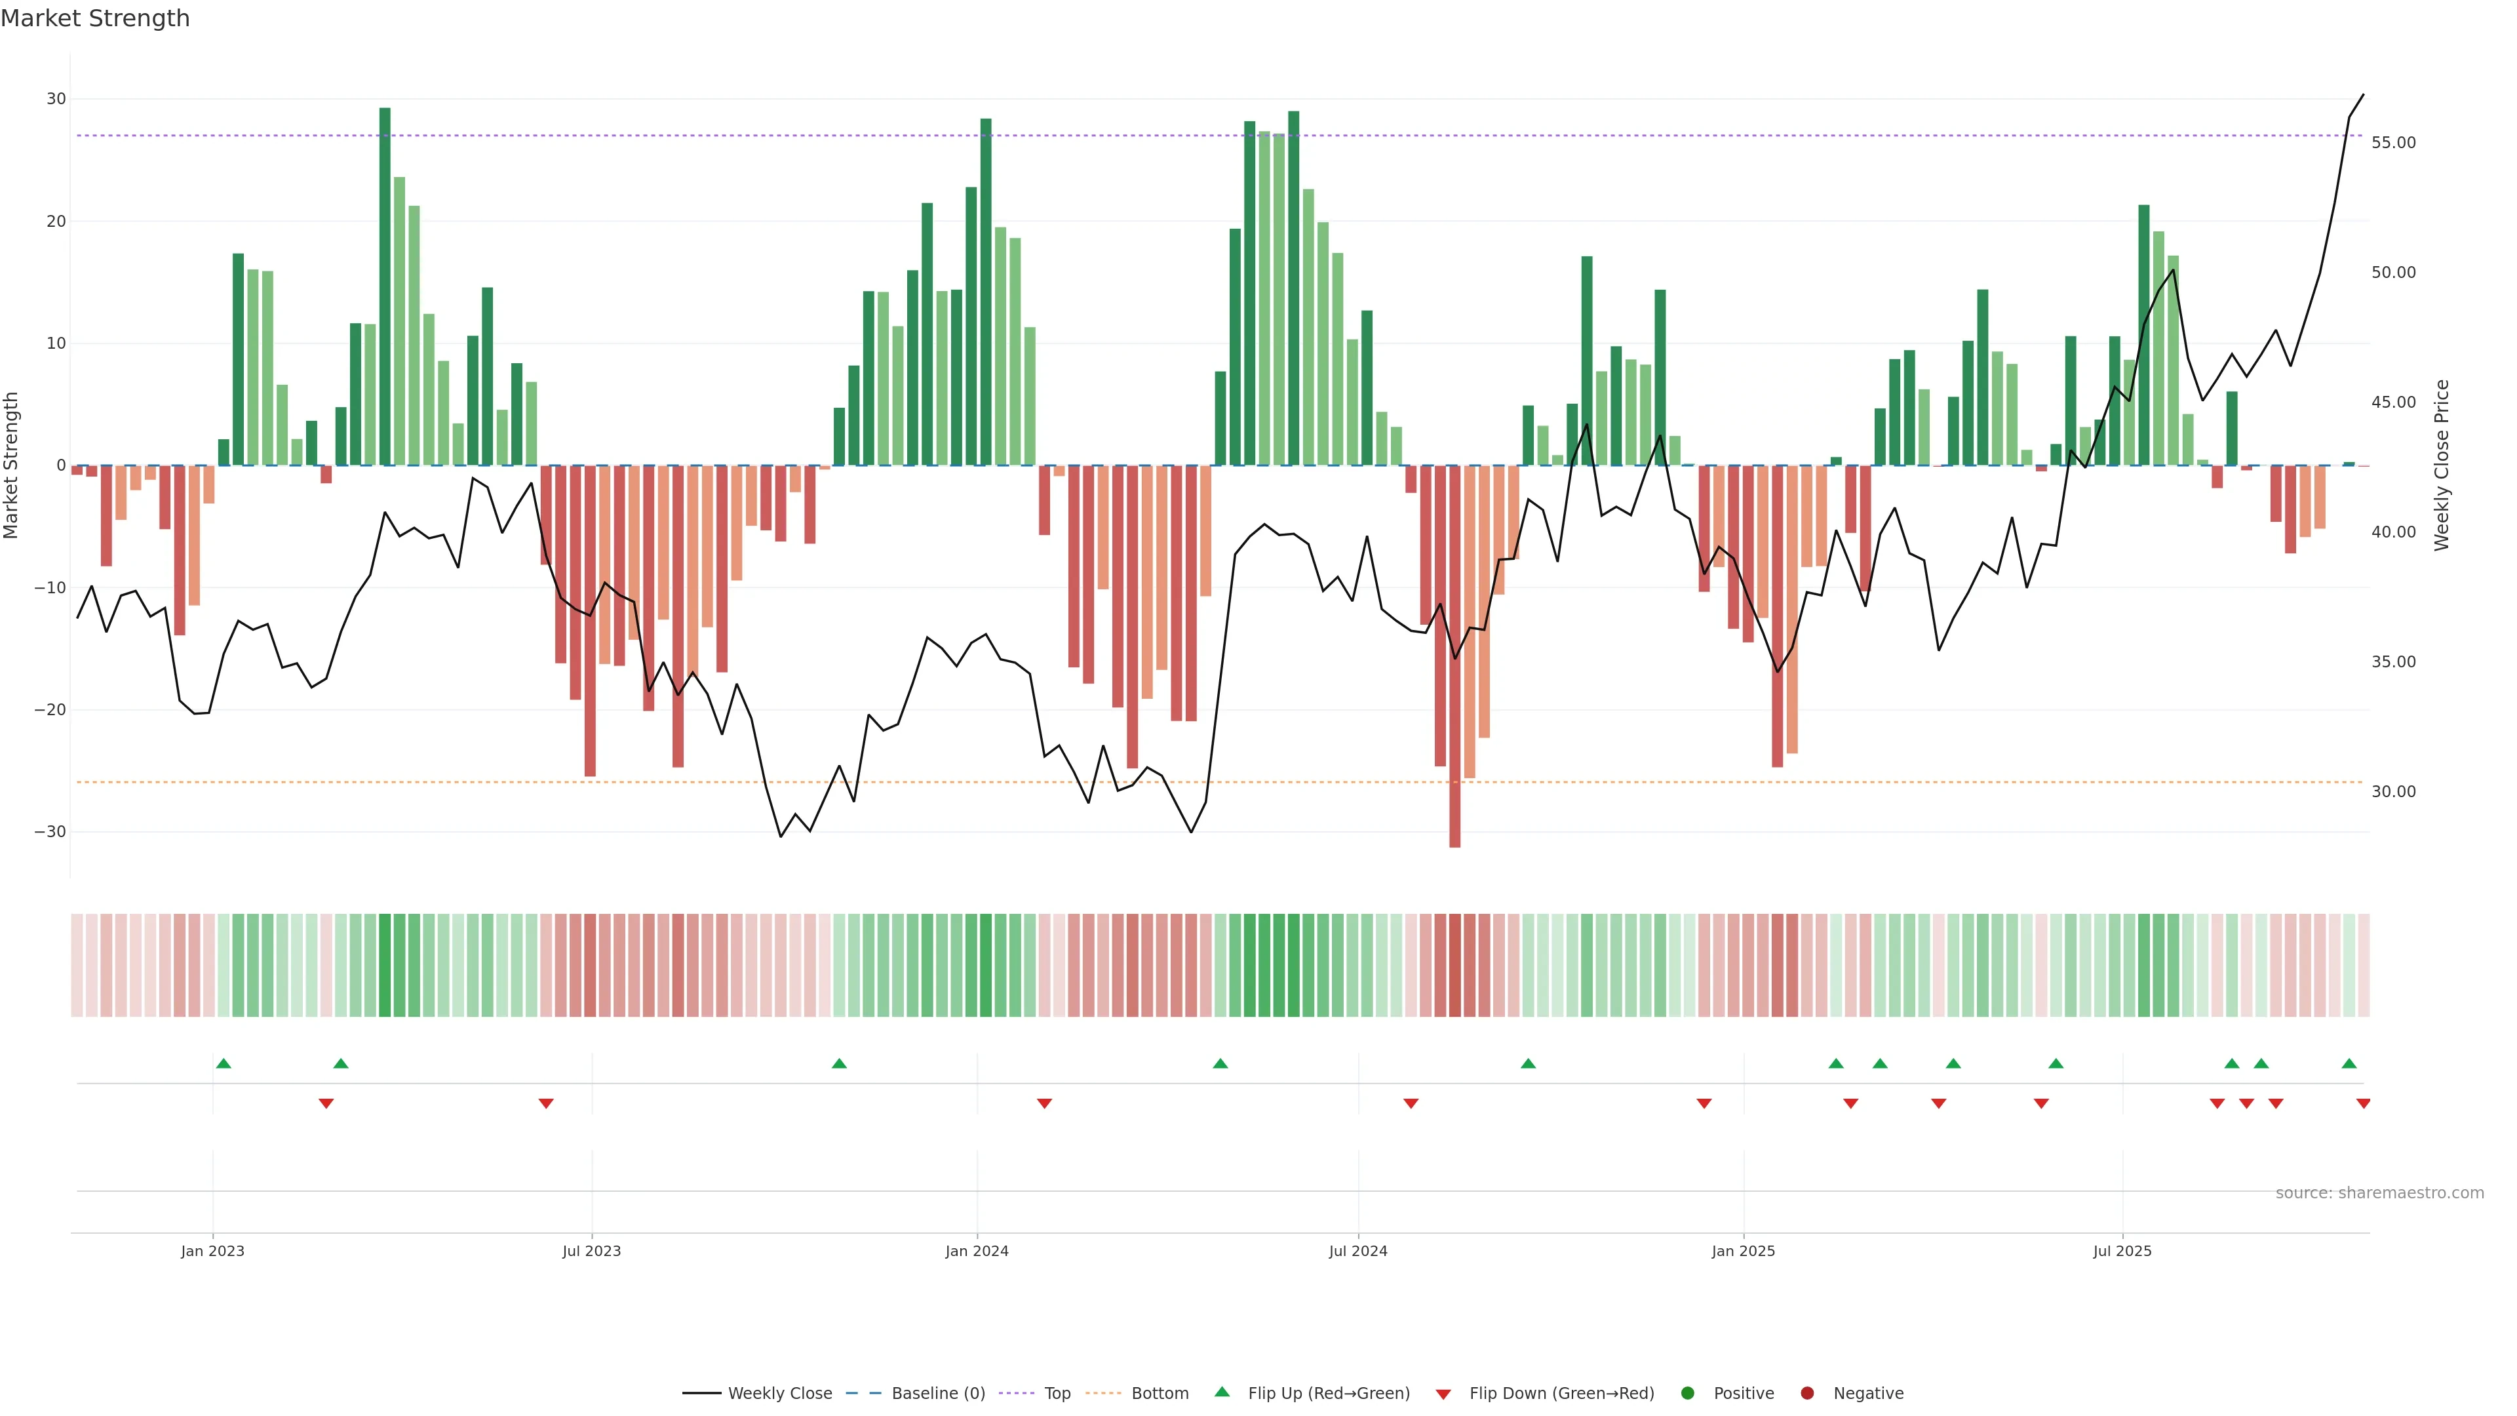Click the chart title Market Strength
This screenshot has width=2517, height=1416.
tap(95, 18)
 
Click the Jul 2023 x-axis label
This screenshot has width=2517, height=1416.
tap(591, 1251)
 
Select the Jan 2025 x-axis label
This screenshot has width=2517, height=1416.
tap(1743, 1251)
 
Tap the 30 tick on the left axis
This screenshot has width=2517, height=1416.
tap(56, 99)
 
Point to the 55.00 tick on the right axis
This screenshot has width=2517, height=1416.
tap(2393, 143)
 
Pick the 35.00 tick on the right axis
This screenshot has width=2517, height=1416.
tap(2393, 661)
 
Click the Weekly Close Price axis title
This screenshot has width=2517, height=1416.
tap(2442, 465)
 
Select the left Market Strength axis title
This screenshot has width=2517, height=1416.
tap(12, 465)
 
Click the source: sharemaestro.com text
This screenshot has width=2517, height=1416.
tap(2379, 1192)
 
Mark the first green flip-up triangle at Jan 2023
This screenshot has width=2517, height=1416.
tap(224, 1063)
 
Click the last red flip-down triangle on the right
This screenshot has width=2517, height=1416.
tap(2362, 1103)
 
